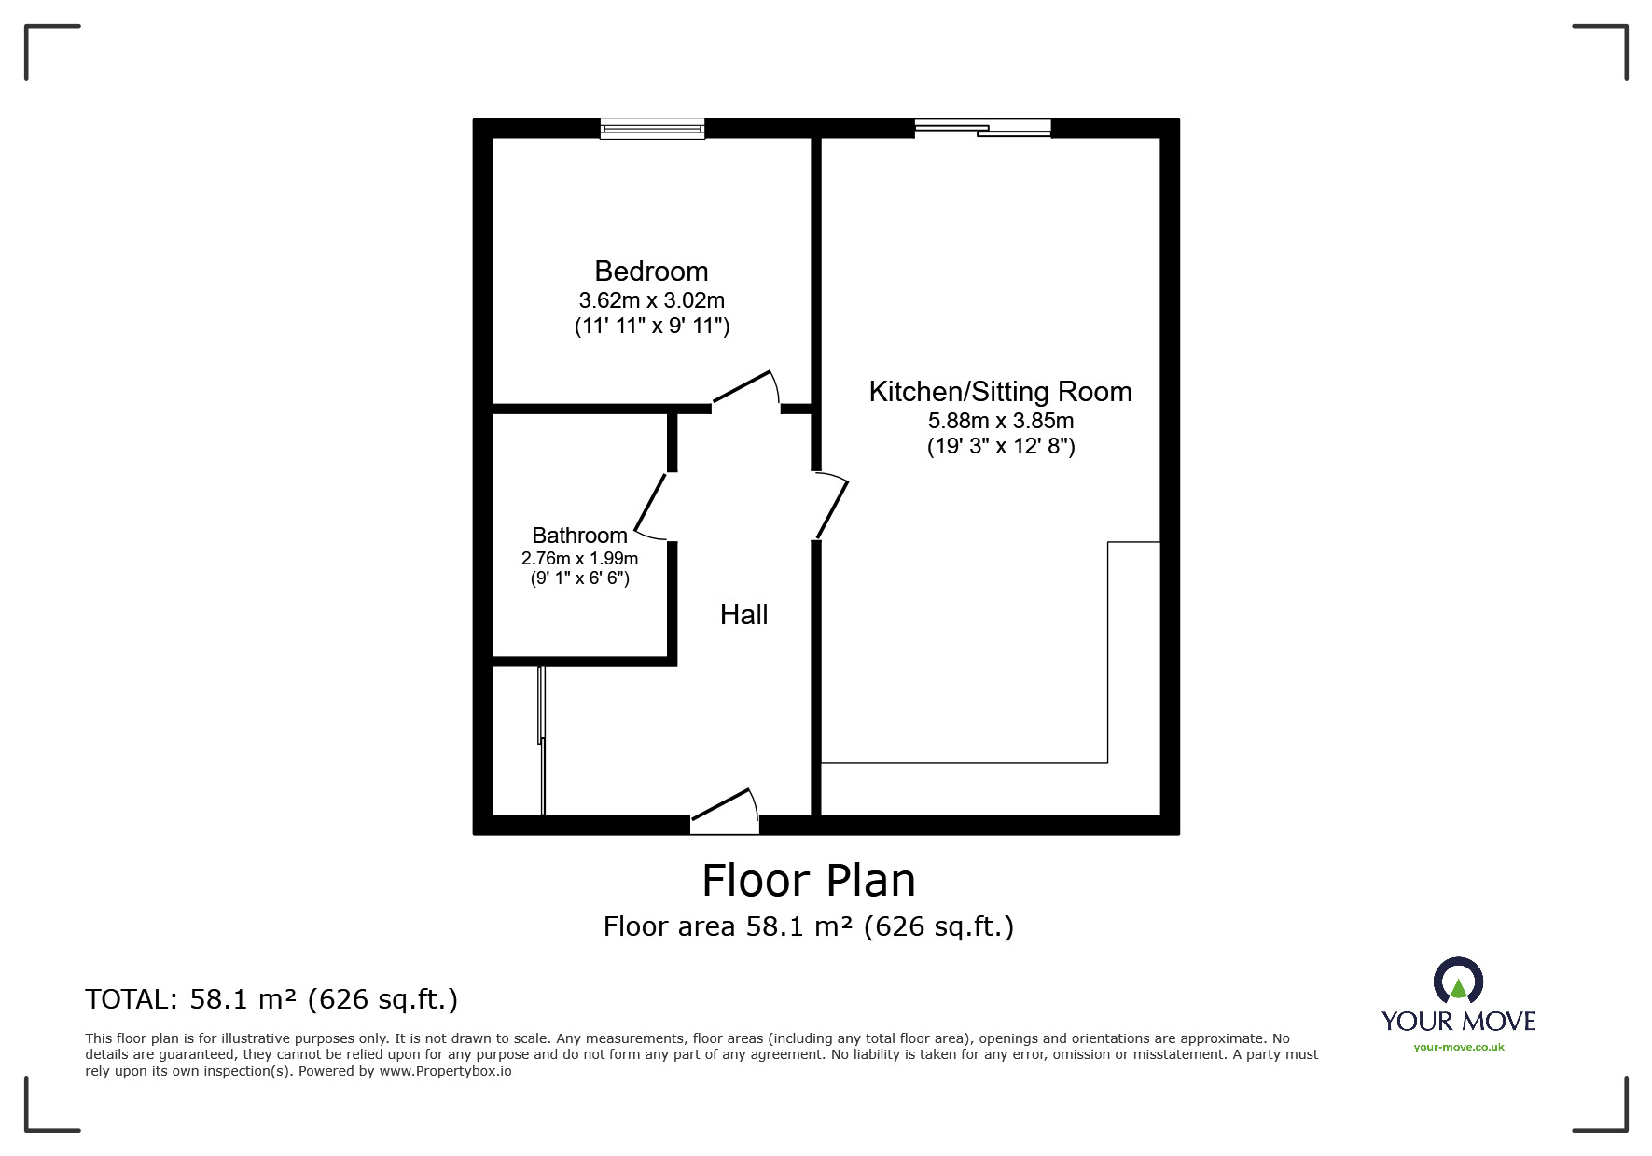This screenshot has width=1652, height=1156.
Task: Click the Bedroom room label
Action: click(x=651, y=272)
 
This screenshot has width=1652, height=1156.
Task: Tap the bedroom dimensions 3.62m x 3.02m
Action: click(x=651, y=301)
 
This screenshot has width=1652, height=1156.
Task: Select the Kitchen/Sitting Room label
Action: click(x=1000, y=392)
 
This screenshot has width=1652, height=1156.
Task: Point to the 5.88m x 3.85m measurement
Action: click(x=1000, y=421)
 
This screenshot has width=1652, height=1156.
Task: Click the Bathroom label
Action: click(x=579, y=536)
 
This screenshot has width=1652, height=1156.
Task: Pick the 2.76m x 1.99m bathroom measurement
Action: click(x=579, y=559)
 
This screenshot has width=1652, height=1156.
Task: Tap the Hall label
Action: click(x=743, y=615)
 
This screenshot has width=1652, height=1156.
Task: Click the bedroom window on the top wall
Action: click(x=652, y=129)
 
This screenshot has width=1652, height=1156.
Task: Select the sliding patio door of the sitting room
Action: click(x=983, y=129)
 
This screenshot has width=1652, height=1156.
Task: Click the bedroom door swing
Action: click(x=746, y=390)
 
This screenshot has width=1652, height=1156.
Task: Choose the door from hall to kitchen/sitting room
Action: click(x=831, y=506)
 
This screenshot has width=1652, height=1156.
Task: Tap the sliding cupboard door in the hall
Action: click(x=541, y=741)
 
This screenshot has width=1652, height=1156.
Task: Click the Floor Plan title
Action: click(x=809, y=881)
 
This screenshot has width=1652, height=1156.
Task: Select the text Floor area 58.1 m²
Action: click(x=729, y=926)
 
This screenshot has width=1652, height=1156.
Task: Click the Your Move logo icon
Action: click(x=1458, y=982)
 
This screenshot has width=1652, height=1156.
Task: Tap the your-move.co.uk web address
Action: click(x=1459, y=1047)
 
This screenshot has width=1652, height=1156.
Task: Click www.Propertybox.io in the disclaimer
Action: click(x=445, y=1071)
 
